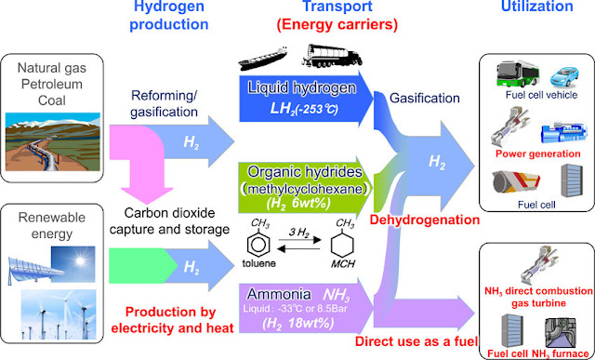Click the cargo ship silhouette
coord(262,58)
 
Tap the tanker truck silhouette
coord(332,56)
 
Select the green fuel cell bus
coord(518,73)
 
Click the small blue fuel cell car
coord(564,77)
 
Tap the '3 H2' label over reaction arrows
coord(299,232)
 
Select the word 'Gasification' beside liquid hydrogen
coord(425,99)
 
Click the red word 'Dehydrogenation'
coord(425,220)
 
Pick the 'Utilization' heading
coord(537,7)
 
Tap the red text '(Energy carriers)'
coord(337,25)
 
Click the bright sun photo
coord(73,264)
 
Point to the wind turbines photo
coord(59,314)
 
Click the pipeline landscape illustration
coord(53,141)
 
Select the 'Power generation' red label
coord(538,153)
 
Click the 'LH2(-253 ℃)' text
coord(304,109)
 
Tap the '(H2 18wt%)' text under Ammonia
coord(298,324)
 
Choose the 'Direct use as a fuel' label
coord(416,341)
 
